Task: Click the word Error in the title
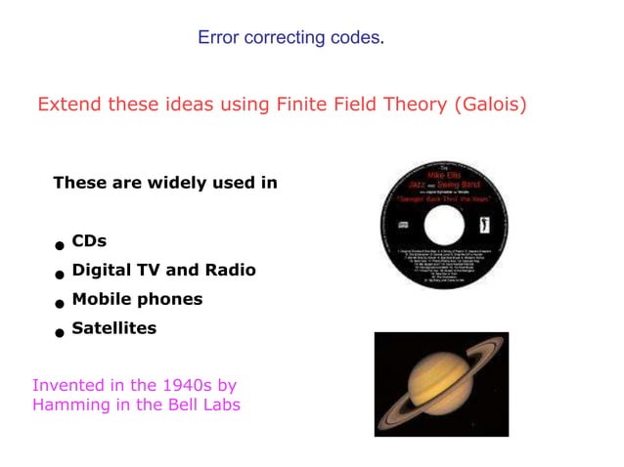218,38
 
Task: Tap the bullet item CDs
89,240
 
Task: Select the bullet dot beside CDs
60,245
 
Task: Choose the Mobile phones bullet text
137,299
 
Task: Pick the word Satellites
113,328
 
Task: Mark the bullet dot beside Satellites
60,333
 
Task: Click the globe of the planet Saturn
437,382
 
